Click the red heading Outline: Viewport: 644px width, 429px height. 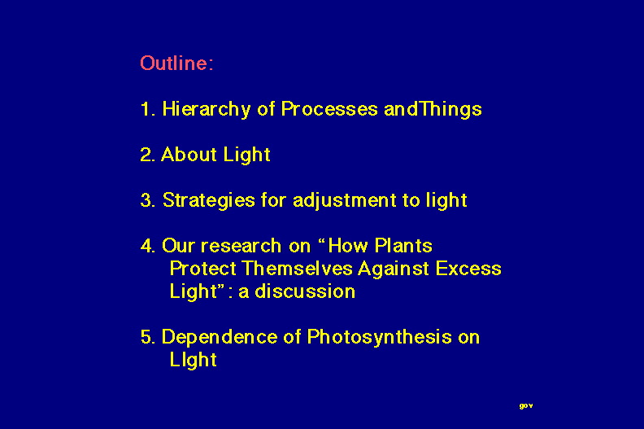point(176,63)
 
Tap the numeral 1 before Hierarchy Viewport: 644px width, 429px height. point(146,109)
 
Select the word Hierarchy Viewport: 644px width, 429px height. point(207,110)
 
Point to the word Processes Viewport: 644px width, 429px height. point(329,109)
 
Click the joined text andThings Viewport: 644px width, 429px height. point(433,109)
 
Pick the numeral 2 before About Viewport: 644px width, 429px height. point(146,155)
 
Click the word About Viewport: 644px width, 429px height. point(189,155)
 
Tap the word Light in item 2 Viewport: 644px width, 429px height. point(247,155)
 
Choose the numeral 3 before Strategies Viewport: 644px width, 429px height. point(146,201)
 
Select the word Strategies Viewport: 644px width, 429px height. point(209,201)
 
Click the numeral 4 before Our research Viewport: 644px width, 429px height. point(147,246)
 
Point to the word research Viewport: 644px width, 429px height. point(241,246)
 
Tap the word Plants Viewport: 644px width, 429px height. point(403,246)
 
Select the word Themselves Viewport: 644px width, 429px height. point(298,269)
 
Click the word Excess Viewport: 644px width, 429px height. point(468,269)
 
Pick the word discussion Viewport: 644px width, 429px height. point(305,291)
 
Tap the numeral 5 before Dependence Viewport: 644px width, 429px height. point(147,337)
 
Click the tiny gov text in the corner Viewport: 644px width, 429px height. point(526,406)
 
